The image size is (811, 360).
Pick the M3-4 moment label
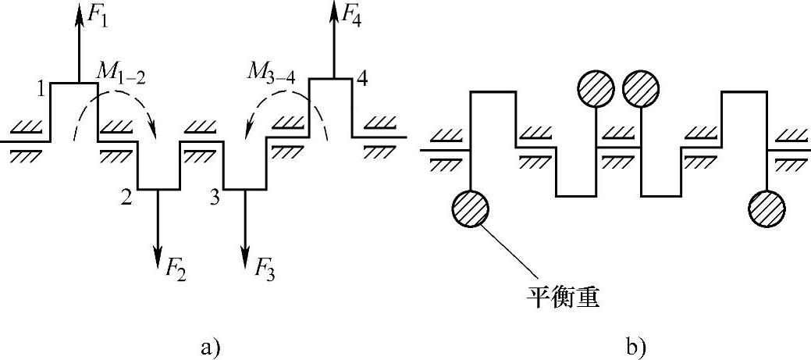[267, 75]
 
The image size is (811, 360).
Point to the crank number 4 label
[364, 78]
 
